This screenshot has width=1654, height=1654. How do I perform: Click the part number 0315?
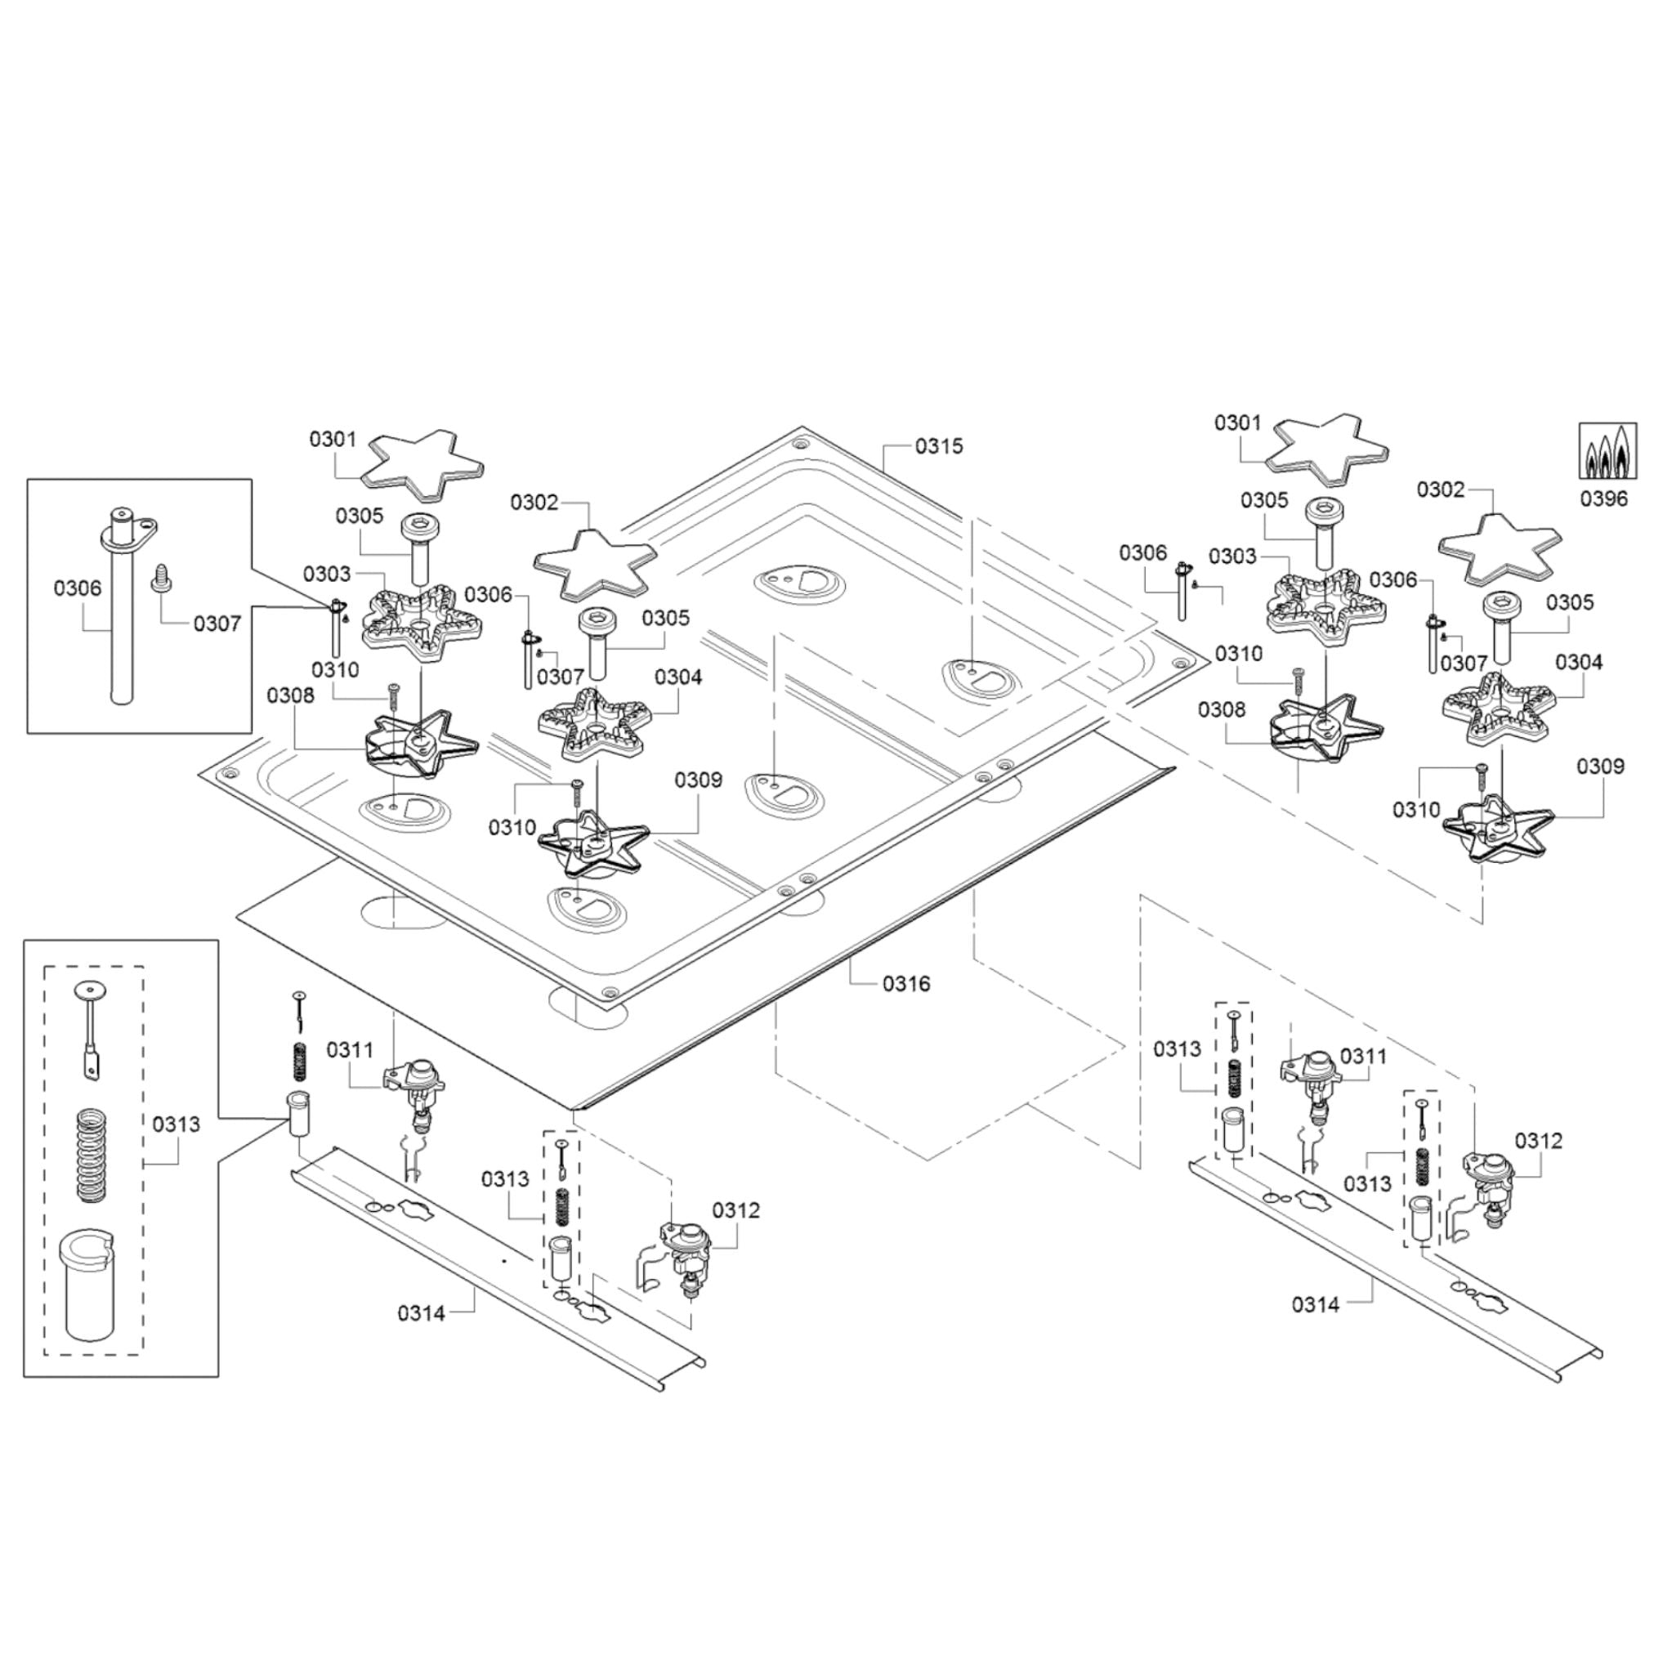938,446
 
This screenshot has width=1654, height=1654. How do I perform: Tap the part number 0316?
905,984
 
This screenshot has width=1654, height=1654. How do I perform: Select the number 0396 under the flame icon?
1603,498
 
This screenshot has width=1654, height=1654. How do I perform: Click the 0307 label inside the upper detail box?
217,624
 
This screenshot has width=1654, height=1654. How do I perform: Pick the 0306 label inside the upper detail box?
77,588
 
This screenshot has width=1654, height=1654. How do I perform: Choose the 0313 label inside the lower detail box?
176,1124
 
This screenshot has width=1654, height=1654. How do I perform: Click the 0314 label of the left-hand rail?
421,1312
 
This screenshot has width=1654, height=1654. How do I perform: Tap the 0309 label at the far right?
1600,767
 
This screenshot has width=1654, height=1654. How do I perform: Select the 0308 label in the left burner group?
290,695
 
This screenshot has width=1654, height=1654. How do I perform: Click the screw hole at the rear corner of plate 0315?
798,444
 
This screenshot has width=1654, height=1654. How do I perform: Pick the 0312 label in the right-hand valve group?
1539,1140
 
